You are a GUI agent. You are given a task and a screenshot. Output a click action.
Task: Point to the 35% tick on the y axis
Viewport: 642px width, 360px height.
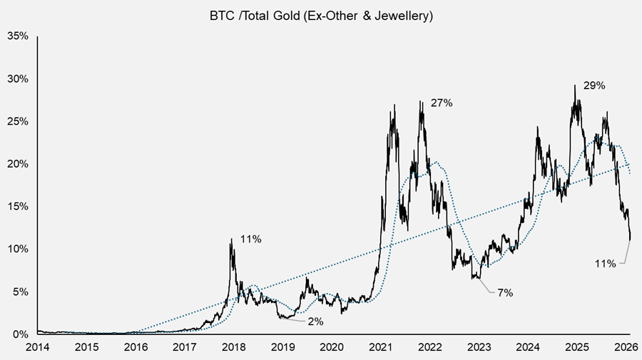click(x=17, y=35)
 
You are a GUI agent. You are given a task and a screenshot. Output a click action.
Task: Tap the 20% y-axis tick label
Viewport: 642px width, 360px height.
click(x=17, y=163)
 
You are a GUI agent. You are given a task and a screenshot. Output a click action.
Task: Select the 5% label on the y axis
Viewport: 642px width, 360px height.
click(x=20, y=292)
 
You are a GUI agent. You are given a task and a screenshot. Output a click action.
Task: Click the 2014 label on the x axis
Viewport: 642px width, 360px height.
click(x=37, y=347)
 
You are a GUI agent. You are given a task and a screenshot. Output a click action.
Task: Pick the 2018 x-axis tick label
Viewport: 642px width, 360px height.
click(x=233, y=347)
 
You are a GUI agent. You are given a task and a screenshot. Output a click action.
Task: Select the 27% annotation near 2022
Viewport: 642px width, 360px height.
click(x=442, y=103)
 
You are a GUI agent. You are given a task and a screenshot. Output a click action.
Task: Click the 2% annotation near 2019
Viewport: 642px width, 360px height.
click(x=315, y=322)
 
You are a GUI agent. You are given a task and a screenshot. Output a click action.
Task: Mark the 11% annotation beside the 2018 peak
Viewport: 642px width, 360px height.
click(x=250, y=240)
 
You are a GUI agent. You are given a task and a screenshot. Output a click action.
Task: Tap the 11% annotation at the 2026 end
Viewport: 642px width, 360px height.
click(x=605, y=264)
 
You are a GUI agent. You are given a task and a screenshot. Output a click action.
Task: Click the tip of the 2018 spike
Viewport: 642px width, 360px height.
click(x=230, y=240)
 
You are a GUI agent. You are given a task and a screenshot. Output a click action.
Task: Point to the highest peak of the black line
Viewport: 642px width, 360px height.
click(x=574, y=86)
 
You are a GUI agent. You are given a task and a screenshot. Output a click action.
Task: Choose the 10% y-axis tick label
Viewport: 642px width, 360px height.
click(x=17, y=249)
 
